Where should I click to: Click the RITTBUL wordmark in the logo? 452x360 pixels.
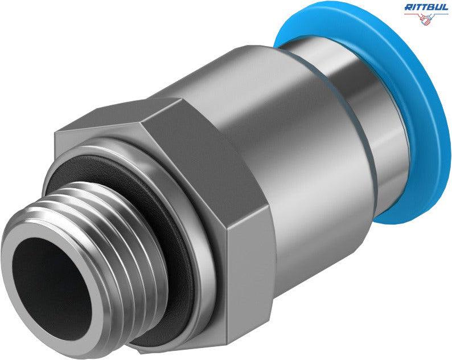coord(426,7)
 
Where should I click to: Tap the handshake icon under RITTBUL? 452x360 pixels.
coord(426,19)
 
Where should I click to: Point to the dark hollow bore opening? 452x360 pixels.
coord(51,288)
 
